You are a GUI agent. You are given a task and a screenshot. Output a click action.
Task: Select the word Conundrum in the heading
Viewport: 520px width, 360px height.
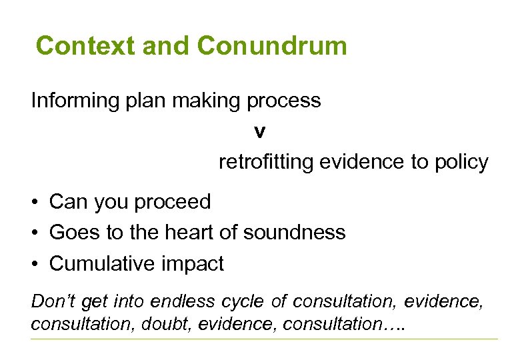coord(272,46)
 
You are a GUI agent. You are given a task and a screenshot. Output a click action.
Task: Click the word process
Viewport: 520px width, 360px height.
coord(284,102)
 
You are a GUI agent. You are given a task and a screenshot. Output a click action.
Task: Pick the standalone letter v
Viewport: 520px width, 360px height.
coord(259,132)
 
